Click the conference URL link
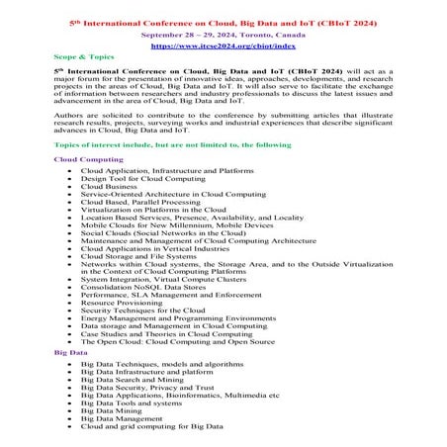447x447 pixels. [x=223, y=45]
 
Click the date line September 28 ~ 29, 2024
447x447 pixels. [x=223, y=33]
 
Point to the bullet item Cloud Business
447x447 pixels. [x=109, y=185]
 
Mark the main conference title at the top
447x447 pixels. [x=223, y=19]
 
